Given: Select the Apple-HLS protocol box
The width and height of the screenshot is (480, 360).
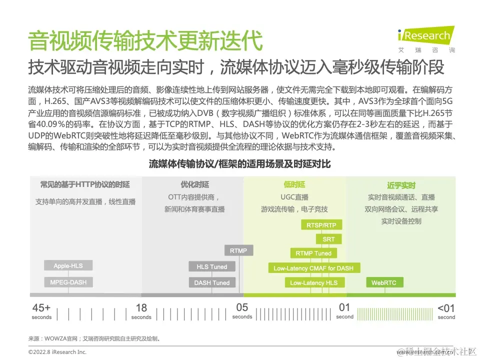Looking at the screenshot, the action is point(68,266).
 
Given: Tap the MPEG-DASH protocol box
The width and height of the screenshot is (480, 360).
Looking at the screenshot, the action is point(68,282).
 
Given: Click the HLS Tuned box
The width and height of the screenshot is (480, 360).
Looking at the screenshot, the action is point(211,267).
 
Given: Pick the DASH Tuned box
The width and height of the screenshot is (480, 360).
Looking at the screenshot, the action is point(211,283).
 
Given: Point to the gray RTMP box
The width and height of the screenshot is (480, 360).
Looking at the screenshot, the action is point(238,250).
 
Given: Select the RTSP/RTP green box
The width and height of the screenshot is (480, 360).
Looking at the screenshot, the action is point(321,225).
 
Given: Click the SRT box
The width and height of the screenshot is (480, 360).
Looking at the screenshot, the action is point(328,239).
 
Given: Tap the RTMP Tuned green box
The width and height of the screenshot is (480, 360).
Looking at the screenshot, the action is point(313,253).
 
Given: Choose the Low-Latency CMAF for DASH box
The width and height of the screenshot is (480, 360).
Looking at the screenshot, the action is point(313,268).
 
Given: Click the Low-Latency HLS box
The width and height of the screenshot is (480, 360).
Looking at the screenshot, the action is point(313,283).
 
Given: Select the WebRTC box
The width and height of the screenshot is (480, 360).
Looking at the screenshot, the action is point(383,283).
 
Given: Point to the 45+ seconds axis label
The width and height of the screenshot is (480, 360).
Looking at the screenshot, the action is point(41,310).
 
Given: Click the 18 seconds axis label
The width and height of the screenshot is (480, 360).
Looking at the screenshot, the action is point(141,310).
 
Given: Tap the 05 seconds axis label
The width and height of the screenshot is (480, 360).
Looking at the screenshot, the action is point(242,310).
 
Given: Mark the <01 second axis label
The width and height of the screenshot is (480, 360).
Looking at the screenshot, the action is point(446,310).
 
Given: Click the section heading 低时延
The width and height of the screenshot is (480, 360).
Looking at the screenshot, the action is point(294,185).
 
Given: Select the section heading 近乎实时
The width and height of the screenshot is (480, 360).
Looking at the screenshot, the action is point(401,185).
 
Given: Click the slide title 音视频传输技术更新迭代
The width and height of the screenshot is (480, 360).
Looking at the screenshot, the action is point(145,41).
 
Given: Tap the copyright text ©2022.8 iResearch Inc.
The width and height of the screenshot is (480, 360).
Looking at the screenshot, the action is point(57,352).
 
